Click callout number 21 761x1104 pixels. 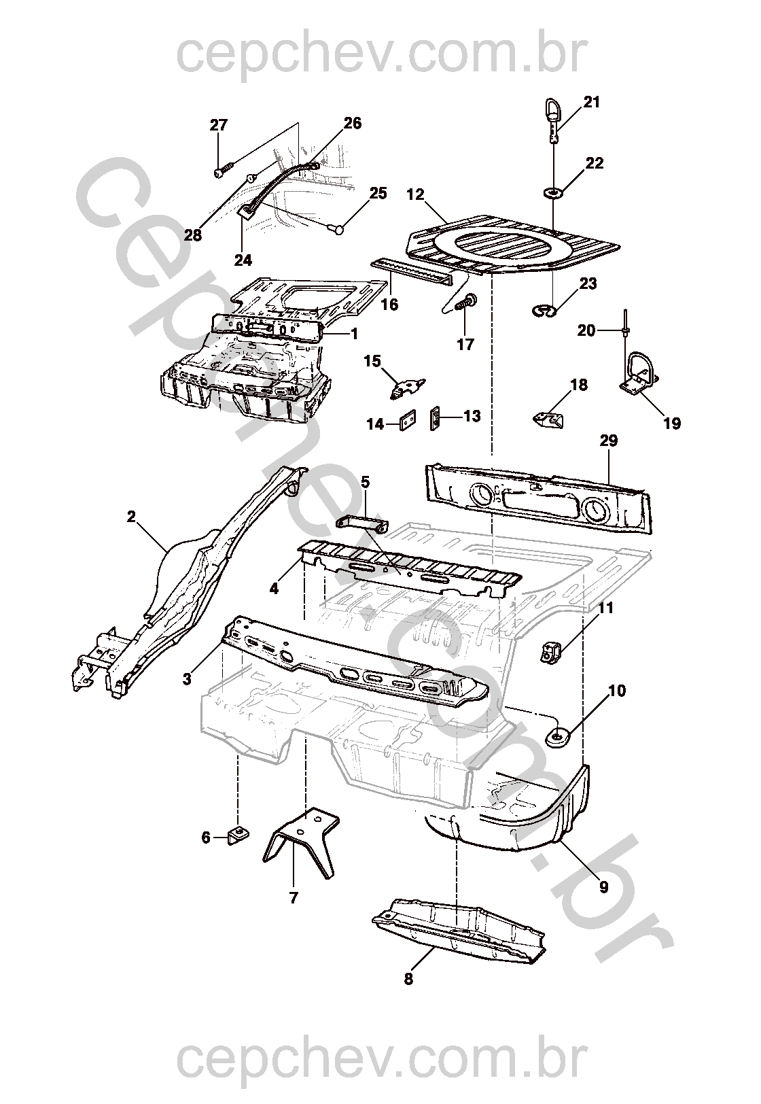tap(592, 102)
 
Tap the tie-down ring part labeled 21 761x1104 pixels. tap(553, 117)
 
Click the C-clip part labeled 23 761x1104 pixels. tap(544, 311)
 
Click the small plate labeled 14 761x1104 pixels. tap(408, 421)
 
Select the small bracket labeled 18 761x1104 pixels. tap(549, 418)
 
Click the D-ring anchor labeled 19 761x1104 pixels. tap(639, 376)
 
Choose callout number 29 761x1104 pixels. tap(608, 441)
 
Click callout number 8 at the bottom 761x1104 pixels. tap(408, 980)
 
